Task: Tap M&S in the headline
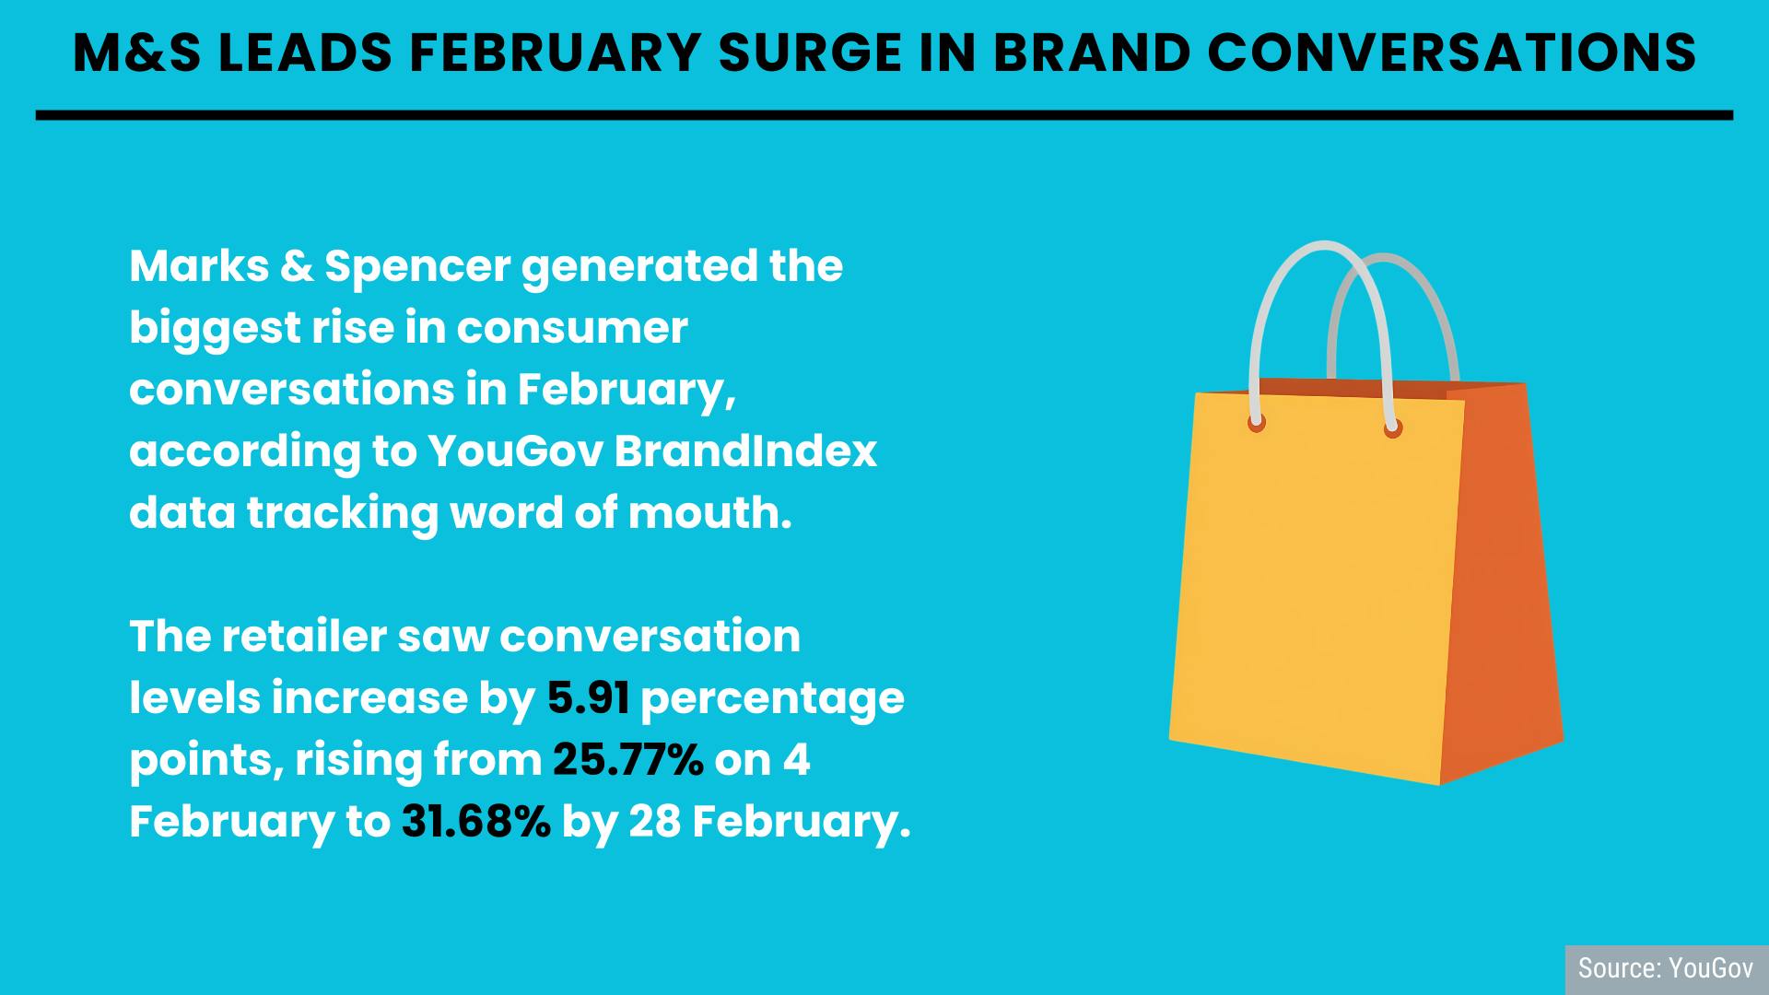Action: click(x=137, y=53)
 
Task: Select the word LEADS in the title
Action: click(x=305, y=53)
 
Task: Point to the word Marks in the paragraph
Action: click(x=199, y=266)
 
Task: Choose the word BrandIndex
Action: click(x=745, y=451)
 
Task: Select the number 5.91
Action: click(x=589, y=698)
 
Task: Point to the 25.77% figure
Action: click(x=628, y=760)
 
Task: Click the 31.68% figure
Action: click(x=476, y=822)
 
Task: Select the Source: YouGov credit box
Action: click(x=1667, y=969)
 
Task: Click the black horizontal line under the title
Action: click(x=884, y=115)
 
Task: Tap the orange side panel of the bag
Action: click(x=1502, y=580)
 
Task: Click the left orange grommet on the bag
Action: click(x=1257, y=423)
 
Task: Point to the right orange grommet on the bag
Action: click(x=1393, y=427)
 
